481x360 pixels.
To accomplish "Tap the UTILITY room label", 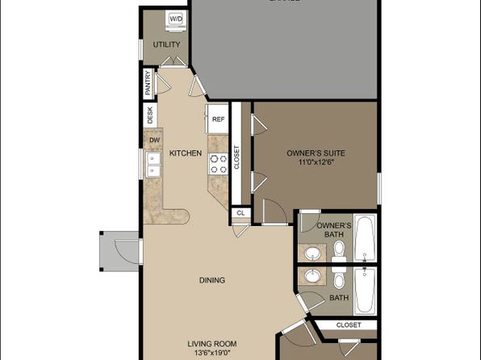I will point(166,44).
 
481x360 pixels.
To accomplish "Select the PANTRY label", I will point(148,84).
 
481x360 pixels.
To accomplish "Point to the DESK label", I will point(150,115).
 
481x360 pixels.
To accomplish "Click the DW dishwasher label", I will point(153,139).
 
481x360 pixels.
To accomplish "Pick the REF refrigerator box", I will point(217,119).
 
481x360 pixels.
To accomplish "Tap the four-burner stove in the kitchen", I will point(217,164).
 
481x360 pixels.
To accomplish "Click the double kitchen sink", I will point(153,165).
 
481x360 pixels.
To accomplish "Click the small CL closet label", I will point(240,214).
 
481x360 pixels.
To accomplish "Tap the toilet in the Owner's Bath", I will point(340,248).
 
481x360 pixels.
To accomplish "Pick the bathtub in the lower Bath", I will point(366,288).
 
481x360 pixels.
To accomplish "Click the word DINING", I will point(212,281).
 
